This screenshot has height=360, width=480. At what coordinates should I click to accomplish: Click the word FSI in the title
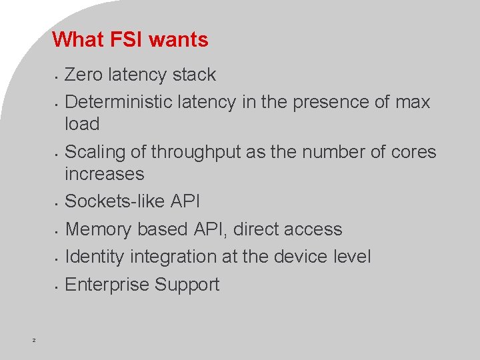126,40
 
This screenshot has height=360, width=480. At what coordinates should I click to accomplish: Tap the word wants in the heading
179,40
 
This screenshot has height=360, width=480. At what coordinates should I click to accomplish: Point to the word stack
193,75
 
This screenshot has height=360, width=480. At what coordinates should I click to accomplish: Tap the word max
413,102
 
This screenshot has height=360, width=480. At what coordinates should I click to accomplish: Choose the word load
82,124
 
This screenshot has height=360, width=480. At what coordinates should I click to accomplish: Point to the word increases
105,174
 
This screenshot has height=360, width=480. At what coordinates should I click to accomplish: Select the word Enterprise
107,285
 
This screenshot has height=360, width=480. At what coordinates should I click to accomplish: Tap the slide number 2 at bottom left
34,341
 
